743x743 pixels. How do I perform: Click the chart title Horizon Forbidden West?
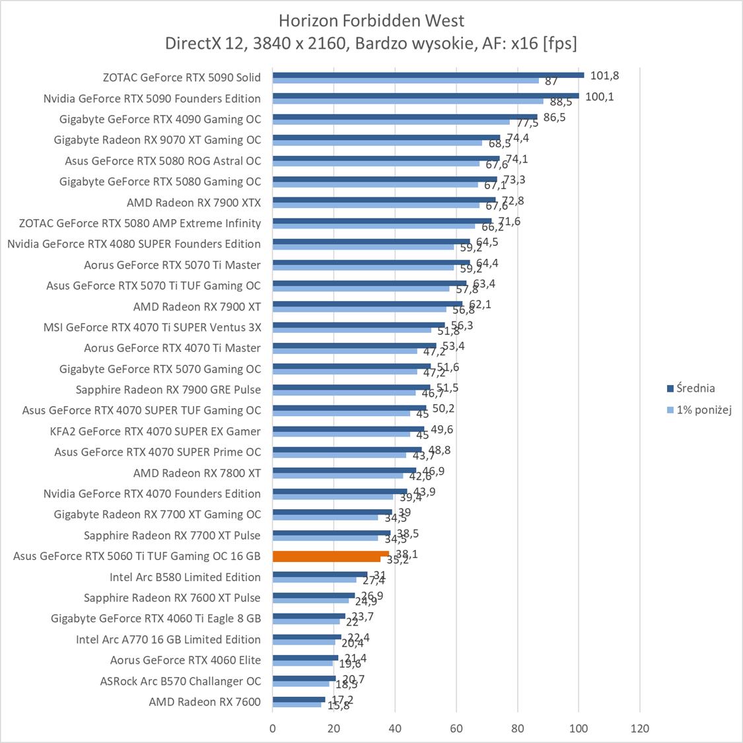click(x=371, y=20)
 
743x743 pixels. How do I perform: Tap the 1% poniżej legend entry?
click(x=703, y=410)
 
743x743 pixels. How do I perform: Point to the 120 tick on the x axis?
click(x=640, y=728)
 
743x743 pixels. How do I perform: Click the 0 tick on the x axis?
click(x=273, y=728)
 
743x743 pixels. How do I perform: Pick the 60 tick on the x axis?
click(x=456, y=728)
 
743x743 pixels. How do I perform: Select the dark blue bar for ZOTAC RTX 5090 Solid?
click(x=428, y=75)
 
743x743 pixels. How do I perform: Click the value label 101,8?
click(x=604, y=75)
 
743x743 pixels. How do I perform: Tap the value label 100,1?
click(x=599, y=96)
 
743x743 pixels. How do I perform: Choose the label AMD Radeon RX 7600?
click(x=205, y=702)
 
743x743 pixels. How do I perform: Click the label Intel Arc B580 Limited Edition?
click(x=185, y=577)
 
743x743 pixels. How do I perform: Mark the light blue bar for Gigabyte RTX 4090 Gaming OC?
click(x=391, y=122)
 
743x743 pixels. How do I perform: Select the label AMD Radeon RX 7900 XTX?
click(x=194, y=203)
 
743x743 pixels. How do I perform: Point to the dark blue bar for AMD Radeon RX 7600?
click(x=299, y=699)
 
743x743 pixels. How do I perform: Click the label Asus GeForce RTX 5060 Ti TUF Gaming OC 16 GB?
click(x=137, y=556)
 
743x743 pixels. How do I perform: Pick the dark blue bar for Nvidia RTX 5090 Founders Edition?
click(x=425, y=96)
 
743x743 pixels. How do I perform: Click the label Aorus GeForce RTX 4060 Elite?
click(x=186, y=660)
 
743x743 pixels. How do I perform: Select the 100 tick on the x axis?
click(x=579, y=728)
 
